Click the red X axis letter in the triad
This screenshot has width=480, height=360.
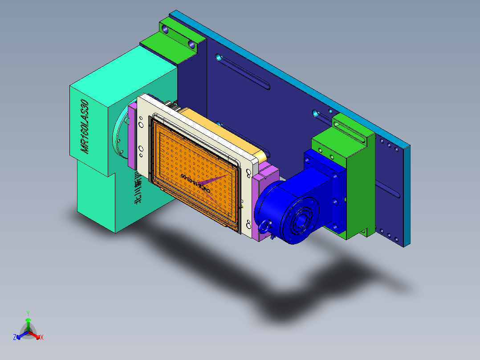click(x=42, y=338)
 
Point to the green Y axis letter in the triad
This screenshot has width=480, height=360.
click(x=28, y=313)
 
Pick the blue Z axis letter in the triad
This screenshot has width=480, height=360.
click(x=15, y=337)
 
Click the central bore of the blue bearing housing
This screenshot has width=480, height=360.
click(x=301, y=221)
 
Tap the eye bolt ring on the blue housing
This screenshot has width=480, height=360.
click(x=266, y=226)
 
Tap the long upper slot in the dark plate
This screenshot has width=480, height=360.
click(x=243, y=71)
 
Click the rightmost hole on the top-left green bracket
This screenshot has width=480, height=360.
click(x=192, y=45)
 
